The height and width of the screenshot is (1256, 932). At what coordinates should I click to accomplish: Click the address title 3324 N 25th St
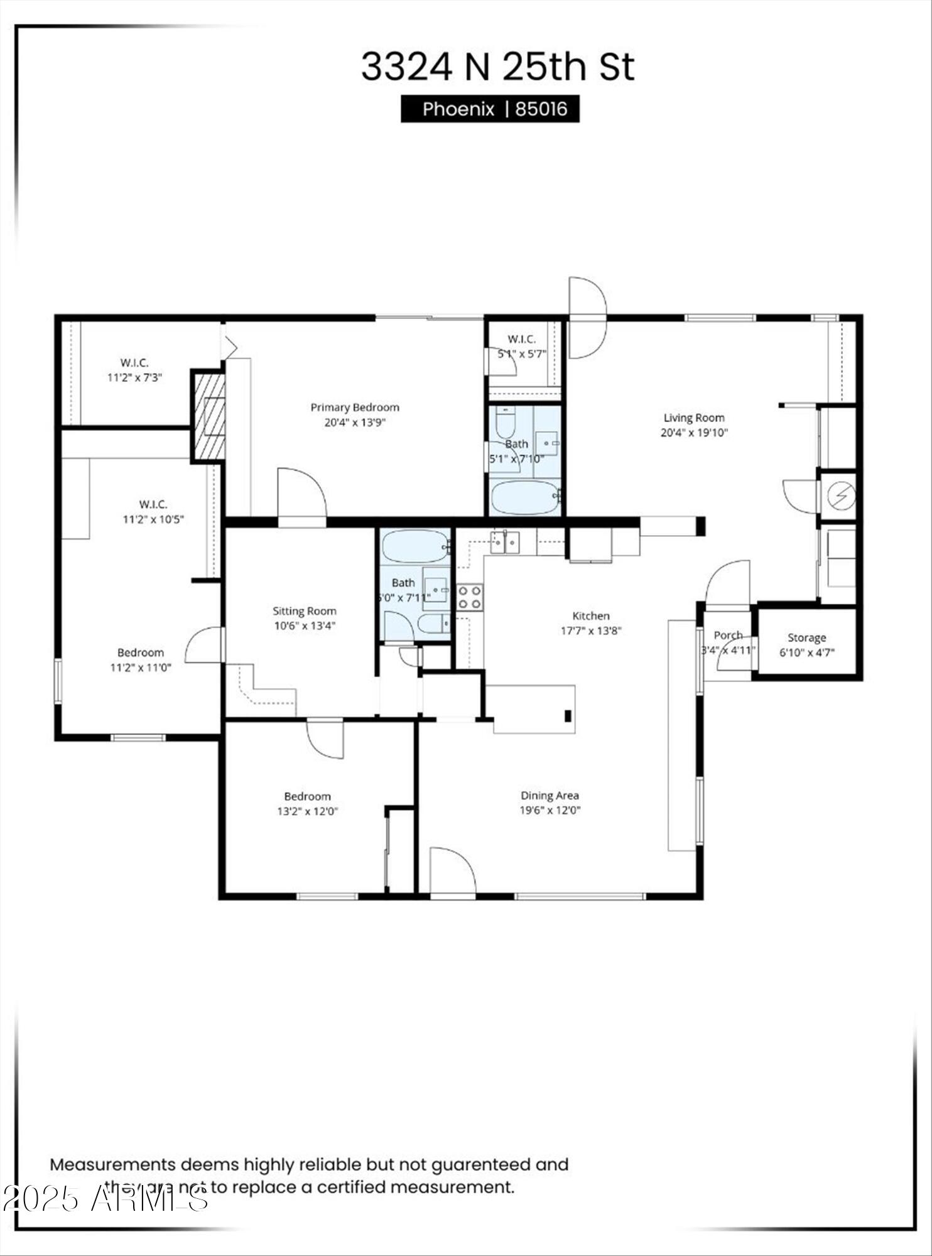tap(497, 67)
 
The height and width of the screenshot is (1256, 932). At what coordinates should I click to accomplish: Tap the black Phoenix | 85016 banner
tap(490, 109)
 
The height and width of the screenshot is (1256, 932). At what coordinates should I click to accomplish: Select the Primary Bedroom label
tap(354, 408)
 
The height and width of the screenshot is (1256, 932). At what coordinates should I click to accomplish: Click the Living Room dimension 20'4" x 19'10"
tap(694, 433)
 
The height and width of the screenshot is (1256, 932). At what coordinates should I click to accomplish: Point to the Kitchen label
tap(590, 616)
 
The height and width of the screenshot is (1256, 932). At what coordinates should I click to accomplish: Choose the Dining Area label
tap(550, 796)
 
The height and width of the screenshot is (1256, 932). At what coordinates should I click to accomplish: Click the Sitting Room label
tap(304, 611)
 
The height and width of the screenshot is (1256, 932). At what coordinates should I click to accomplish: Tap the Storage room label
tap(806, 638)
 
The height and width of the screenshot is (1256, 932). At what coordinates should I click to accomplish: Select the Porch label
tap(728, 636)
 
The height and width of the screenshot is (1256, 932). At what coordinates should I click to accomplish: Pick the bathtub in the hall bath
tap(415, 546)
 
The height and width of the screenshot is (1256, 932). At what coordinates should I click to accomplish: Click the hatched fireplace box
tap(209, 416)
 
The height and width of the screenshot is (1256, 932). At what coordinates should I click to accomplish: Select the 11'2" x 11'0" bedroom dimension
tap(141, 668)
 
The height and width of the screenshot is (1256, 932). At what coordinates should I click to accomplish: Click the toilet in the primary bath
tap(505, 423)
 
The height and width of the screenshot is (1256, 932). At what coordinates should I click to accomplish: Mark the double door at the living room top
tap(587, 318)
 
